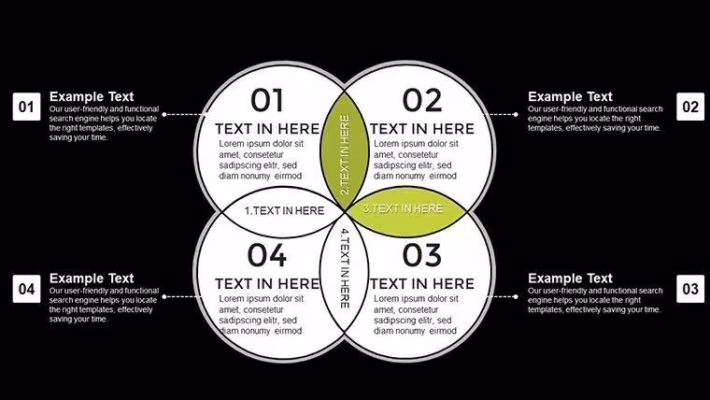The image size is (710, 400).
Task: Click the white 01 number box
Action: (27, 107)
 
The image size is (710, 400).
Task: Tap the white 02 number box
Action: (690, 107)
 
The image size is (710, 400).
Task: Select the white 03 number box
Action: (690, 289)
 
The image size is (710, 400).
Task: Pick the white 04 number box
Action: (27, 289)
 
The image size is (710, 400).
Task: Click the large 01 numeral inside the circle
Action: (267, 100)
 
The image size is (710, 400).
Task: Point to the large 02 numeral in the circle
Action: (422, 100)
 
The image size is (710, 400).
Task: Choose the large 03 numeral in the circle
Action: (422, 255)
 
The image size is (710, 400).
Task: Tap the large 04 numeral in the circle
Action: (267, 255)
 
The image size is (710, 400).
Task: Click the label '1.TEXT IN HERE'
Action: (284, 210)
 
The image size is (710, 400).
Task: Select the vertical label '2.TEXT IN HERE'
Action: (345, 154)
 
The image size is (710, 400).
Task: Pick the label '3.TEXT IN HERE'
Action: (403, 208)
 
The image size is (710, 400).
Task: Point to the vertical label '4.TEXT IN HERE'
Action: (345, 268)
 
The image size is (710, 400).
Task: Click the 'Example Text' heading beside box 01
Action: (92, 96)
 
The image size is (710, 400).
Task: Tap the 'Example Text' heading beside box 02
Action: (570, 96)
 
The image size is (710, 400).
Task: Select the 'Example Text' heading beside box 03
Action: (570, 279)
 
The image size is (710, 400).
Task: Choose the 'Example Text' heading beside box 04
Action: (92, 279)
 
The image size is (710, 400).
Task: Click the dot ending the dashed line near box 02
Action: (516, 115)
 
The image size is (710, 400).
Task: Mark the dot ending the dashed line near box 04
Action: (164, 296)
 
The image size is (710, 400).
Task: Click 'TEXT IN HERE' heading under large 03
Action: (422, 284)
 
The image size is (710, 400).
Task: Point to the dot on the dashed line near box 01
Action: (164, 115)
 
